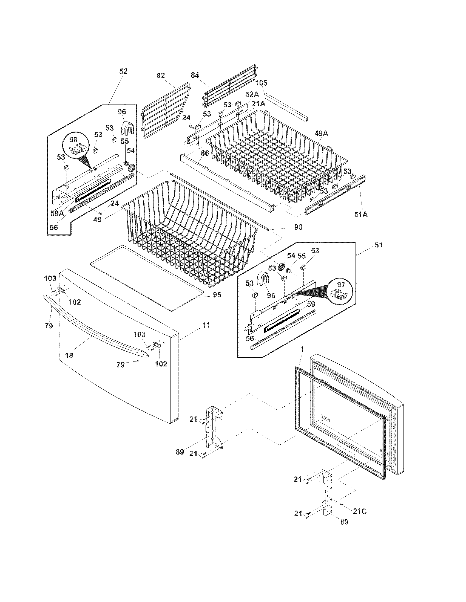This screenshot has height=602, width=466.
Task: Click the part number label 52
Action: tap(123, 71)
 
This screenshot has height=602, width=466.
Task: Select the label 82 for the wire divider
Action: tap(160, 76)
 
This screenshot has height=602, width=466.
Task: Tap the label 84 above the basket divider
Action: tap(195, 75)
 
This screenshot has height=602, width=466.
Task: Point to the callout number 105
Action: tap(261, 83)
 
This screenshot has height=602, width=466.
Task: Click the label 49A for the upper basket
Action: tap(321, 134)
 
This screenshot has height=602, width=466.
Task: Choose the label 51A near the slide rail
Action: tap(361, 214)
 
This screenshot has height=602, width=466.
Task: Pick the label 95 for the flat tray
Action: tap(217, 295)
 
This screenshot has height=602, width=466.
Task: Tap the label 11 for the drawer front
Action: tap(206, 325)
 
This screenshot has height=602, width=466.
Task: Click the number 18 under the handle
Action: tap(69, 355)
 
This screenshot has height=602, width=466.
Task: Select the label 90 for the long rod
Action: tap(298, 227)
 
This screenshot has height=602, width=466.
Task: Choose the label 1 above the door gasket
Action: tap(302, 349)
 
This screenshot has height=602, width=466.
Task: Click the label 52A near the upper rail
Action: tap(252, 94)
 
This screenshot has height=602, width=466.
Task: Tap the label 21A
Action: tap(258, 104)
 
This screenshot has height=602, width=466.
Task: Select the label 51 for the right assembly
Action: tap(379, 245)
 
